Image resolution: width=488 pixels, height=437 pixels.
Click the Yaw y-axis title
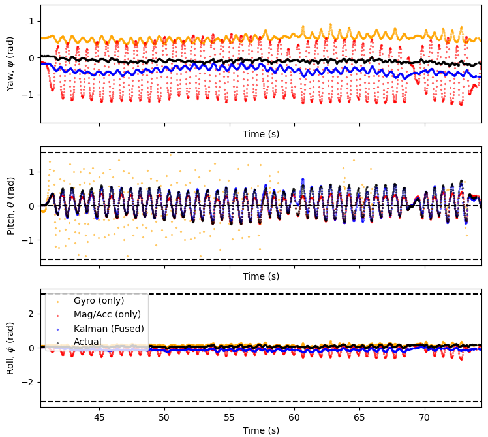pyautogui.click(x=10, y=63)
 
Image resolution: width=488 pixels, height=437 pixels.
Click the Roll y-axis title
pyautogui.click(x=10, y=348)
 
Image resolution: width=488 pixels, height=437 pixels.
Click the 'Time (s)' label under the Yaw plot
pyautogui.click(x=261, y=134)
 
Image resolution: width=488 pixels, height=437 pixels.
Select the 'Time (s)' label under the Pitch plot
pyautogui.click(x=261, y=276)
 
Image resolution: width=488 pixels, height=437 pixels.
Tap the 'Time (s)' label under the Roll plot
pyautogui.click(x=261, y=430)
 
